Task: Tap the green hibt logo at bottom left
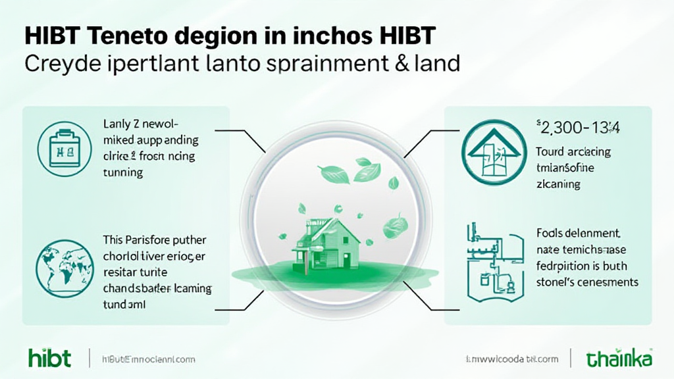click(49, 358)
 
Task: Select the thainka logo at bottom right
click(619, 359)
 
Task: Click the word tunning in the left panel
click(123, 173)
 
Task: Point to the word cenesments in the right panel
click(604, 282)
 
